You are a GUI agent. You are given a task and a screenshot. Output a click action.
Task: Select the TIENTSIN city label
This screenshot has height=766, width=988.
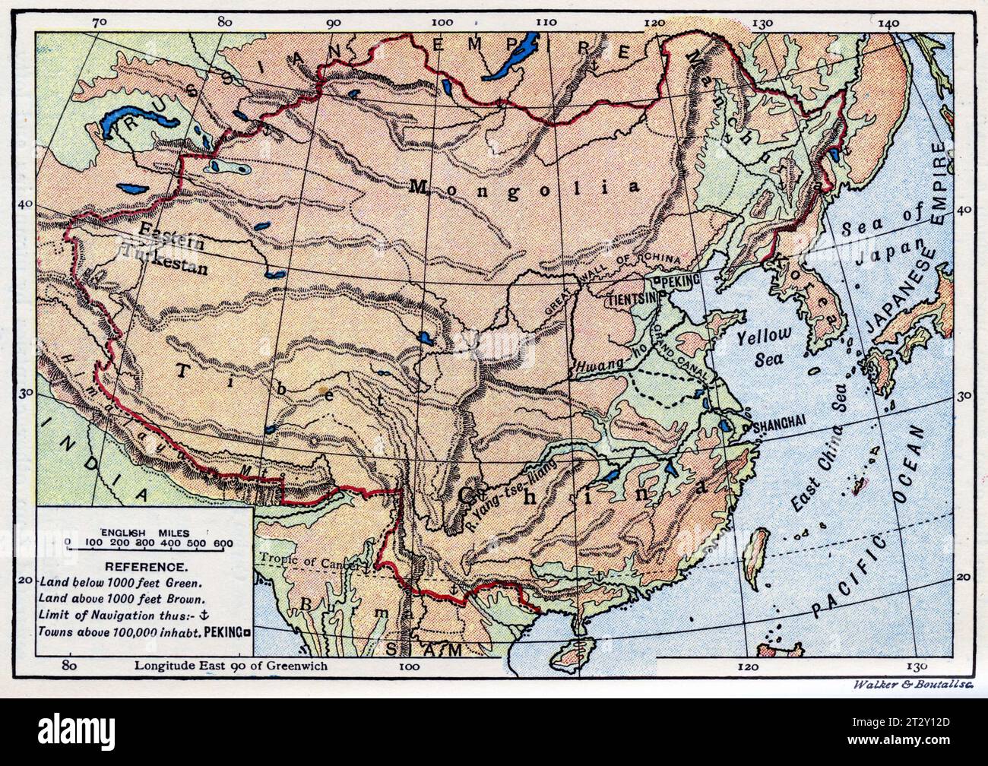[631, 299]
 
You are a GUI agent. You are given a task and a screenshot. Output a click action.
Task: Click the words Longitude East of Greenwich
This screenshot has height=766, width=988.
[231, 666]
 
